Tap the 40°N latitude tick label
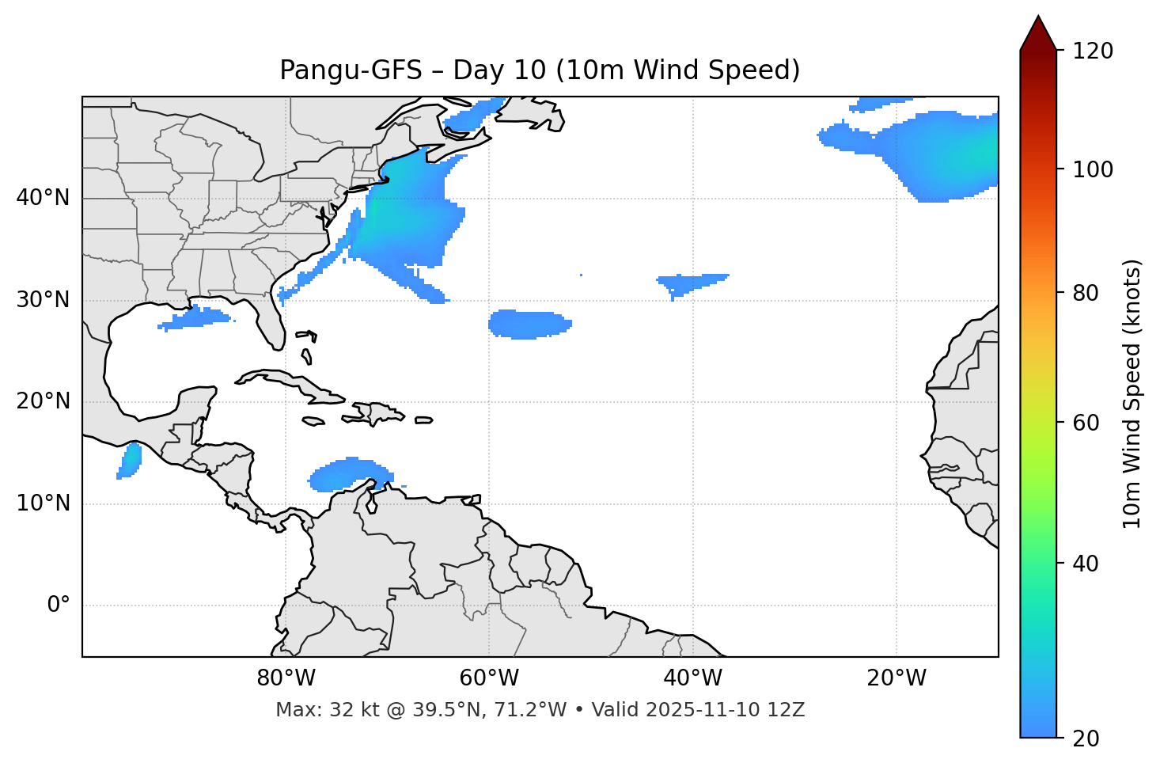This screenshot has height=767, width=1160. pos(43,198)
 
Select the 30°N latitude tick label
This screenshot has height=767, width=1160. pos(43,300)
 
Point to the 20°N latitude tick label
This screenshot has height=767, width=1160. pos(43,401)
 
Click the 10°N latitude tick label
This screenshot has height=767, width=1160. pos(43,503)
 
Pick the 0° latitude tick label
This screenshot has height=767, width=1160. pos(59,606)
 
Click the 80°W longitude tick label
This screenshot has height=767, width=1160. pos(286,678)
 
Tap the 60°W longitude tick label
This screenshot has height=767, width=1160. pos(489,678)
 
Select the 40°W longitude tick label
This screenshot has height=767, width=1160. pos(692,678)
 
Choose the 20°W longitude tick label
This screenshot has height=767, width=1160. pos(896,678)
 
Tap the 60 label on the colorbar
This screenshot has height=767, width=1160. pos(1090,423)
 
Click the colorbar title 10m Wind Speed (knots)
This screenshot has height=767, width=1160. pos(1132,393)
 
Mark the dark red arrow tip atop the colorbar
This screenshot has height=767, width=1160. pos(1038,24)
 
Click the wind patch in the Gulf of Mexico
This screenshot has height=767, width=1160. pos(195,318)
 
